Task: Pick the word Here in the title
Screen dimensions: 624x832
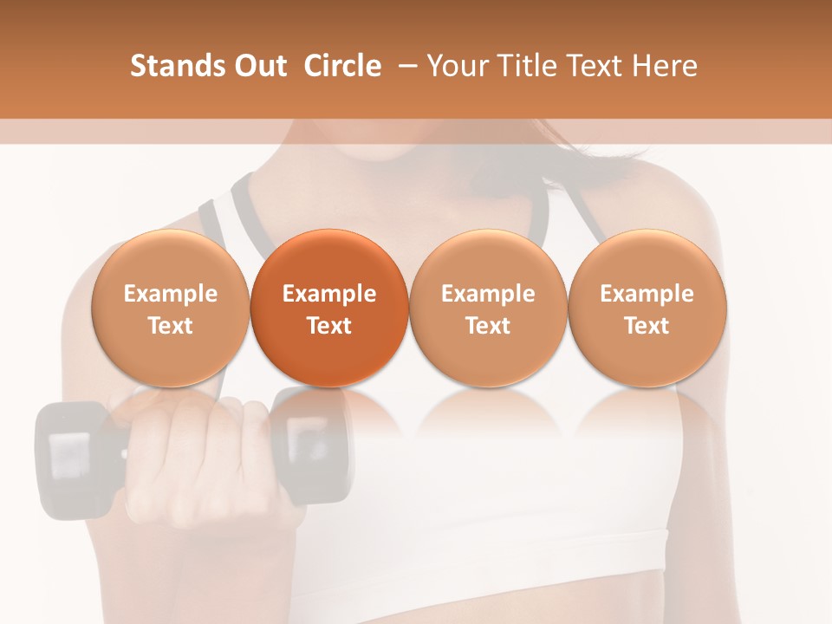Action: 666,66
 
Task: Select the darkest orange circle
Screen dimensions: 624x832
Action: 329,308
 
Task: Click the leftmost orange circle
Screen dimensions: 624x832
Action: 170,308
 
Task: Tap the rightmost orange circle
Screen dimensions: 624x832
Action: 647,308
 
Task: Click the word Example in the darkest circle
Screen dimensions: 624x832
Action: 329,294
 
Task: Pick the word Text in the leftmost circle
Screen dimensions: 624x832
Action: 170,326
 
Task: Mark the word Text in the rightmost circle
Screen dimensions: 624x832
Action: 647,326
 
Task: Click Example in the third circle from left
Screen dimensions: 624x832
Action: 488,294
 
